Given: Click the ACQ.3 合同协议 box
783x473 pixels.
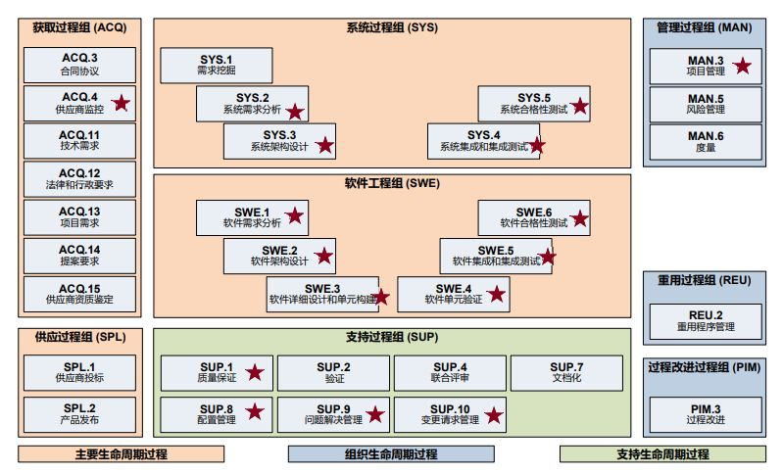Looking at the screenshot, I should [79, 65].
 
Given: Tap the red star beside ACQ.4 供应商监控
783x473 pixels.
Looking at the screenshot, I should [122, 102].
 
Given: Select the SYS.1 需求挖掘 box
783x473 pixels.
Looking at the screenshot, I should [216, 66].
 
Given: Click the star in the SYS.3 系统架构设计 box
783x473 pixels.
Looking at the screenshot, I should [324, 146].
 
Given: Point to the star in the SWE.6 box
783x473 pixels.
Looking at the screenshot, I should [580, 217].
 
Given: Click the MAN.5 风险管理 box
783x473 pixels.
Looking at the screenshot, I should [705, 103].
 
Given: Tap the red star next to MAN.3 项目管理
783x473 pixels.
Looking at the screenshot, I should [743, 66].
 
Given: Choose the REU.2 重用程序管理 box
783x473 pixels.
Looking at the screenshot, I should [705, 320].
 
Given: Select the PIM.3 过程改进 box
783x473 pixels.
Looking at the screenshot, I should [705, 414].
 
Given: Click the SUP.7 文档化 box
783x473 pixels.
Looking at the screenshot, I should [566, 373].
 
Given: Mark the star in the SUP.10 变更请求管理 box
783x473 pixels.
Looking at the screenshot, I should [494, 415].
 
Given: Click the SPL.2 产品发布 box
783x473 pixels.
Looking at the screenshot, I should [79, 414].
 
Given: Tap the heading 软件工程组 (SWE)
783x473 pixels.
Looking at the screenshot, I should [392, 182].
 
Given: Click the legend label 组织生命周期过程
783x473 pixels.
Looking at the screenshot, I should [391, 454].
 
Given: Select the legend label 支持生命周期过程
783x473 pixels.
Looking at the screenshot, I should [662, 454].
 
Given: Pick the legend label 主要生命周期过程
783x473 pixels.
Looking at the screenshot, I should [121, 454].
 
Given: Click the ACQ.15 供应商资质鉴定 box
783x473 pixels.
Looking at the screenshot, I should [79, 294].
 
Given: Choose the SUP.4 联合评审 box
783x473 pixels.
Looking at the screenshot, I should [450, 373].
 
